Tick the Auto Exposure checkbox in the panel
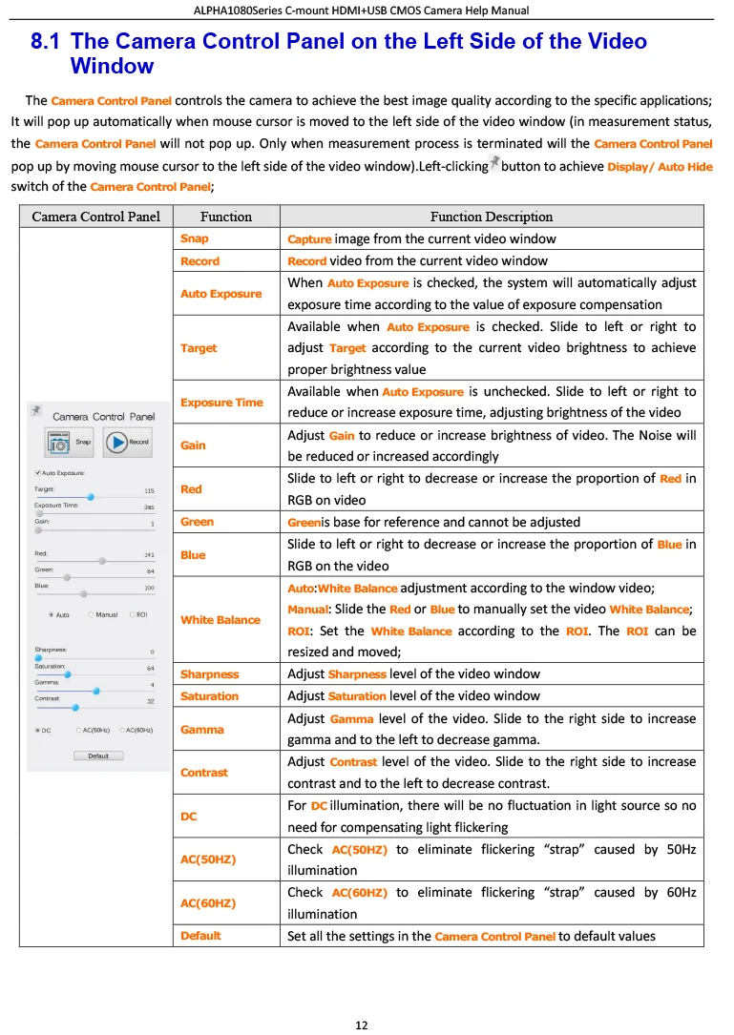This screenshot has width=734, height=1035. tap(37, 473)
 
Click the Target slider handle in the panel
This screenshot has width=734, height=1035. tap(91, 497)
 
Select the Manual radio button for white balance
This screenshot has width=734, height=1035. tap(92, 615)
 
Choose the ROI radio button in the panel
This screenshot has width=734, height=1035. tap(132, 615)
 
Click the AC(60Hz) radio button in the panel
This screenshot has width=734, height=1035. tap(122, 730)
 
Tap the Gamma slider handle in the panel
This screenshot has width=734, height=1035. tap(96, 691)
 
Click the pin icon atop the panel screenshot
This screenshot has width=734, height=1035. tap(36, 410)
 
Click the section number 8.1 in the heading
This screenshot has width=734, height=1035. tap(45, 42)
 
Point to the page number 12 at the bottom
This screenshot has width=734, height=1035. tap(362, 1025)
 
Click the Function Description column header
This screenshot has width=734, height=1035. tap(491, 217)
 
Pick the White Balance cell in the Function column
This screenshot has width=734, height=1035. tap(220, 620)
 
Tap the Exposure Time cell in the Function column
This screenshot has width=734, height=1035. tap(221, 403)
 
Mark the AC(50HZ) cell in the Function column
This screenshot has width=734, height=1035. tap(209, 859)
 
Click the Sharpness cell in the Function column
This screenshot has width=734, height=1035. tap(210, 674)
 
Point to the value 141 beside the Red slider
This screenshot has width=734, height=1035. tap(149, 554)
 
